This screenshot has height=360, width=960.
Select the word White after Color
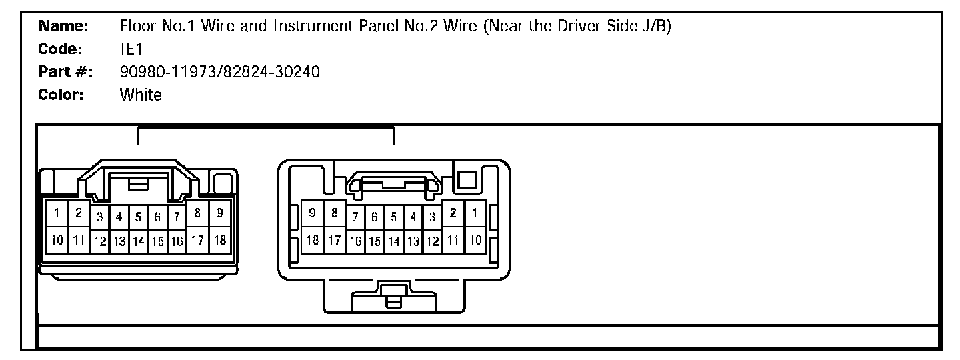[141, 95]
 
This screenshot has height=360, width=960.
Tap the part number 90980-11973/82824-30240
[220, 72]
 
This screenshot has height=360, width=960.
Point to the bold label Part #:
[65, 72]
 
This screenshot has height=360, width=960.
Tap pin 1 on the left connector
[57, 213]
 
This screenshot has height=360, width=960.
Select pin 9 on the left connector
[219, 213]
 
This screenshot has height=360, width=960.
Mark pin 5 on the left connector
[139, 216]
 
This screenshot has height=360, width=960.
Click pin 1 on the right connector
[475, 213]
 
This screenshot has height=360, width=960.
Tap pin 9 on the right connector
[312, 213]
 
